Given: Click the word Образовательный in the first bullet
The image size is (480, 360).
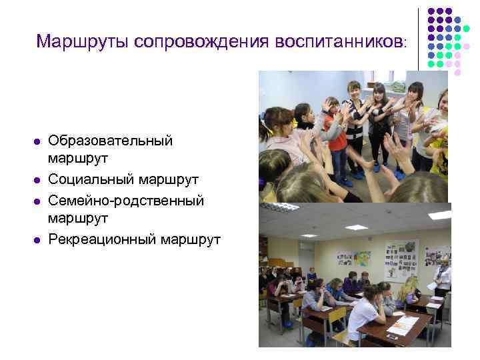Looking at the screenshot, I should tap(110, 141).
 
